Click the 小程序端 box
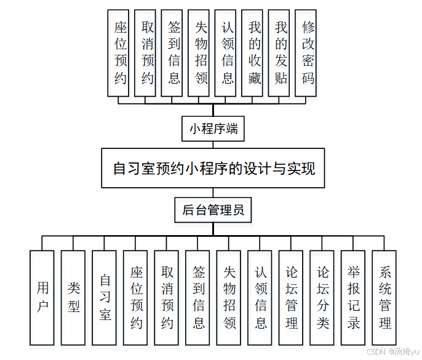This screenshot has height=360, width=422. point(213,129)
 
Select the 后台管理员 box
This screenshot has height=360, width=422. point(213,210)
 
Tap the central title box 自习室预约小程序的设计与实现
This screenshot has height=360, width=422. point(213,168)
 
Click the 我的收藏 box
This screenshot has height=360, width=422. point(255,53)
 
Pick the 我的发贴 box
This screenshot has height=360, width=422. point(281,53)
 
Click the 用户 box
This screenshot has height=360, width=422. point(42,297)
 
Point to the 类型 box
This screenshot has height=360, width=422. point(74,297)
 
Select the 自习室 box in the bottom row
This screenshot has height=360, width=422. point(105,297)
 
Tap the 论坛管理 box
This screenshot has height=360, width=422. point(292,297)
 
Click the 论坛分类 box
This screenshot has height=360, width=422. point(322,297)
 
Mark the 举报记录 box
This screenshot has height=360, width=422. point(354,297)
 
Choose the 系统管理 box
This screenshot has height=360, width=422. point(385,297)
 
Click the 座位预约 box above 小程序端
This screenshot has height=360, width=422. point(121,53)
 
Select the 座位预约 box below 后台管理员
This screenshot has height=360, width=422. point(136,297)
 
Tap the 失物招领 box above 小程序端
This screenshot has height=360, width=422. point(201,53)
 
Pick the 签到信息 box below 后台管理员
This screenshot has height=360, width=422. point(198,297)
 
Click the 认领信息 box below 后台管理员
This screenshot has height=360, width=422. point(260,297)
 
